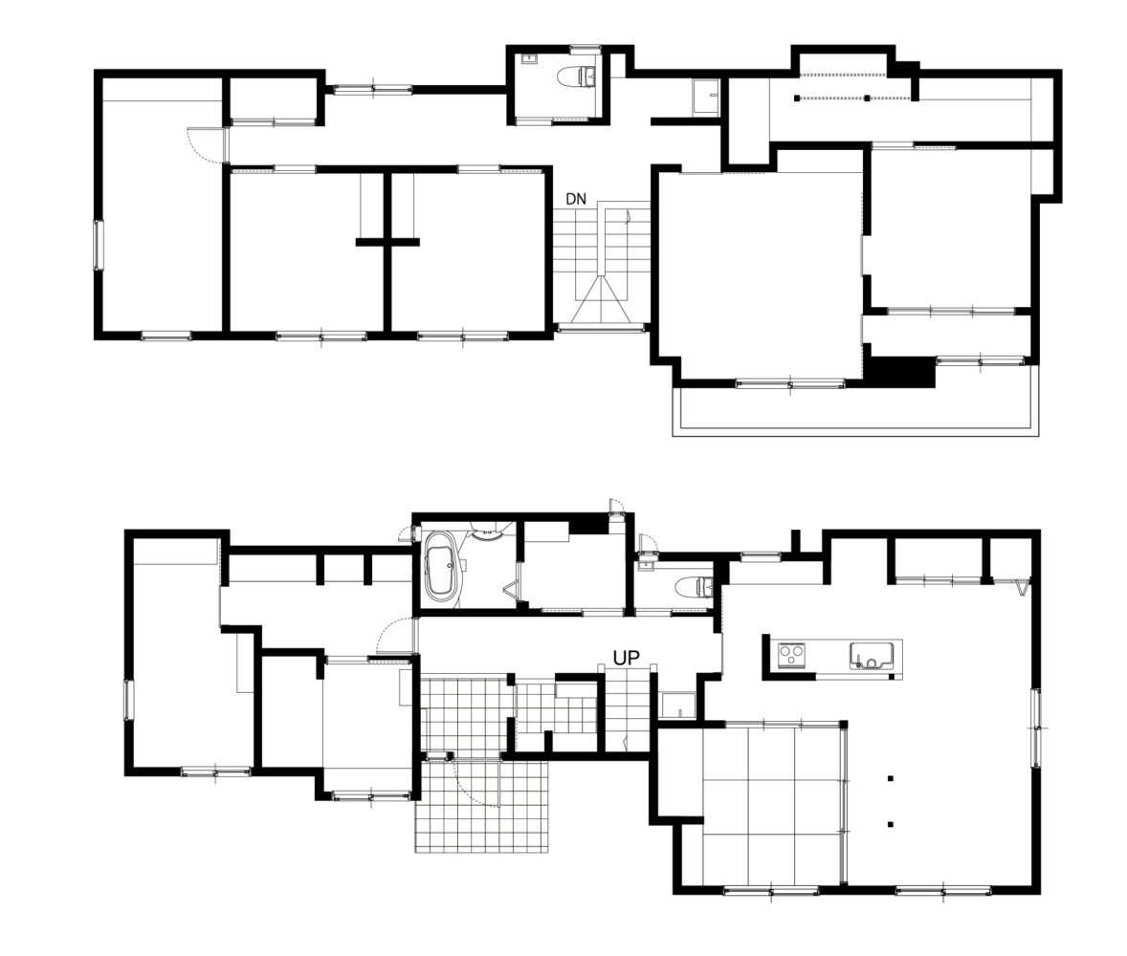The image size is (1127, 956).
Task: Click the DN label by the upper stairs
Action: coord(576,199)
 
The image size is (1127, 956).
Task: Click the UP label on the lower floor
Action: coord(626,657)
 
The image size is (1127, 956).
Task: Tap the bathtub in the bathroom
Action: coord(441,565)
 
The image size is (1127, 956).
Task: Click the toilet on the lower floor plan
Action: coord(695,587)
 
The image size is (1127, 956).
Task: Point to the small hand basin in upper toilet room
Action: coord(530,58)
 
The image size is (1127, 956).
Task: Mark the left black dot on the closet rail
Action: coord(796,98)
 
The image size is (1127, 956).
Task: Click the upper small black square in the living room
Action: coord(891,777)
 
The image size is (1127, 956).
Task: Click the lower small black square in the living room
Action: coord(891,825)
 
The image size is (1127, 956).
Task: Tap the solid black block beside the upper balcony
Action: coord(900,373)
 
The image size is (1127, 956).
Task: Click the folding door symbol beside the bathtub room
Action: coord(513,591)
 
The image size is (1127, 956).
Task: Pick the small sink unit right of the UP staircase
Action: coord(677,706)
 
